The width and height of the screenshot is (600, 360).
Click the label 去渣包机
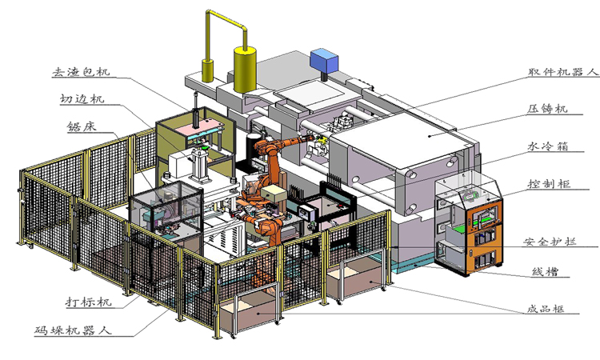click(x=81, y=72)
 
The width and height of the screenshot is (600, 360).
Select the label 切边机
click(x=82, y=99)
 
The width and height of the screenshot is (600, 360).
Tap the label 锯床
click(x=82, y=126)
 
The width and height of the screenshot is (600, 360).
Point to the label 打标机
click(x=88, y=302)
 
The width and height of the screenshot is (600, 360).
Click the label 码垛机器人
click(x=74, y=330)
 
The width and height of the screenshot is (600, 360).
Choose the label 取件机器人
click(x=562, y=72)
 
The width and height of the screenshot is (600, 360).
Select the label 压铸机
click(x=547, y=109)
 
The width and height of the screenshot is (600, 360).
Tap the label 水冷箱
click(x=548, y=146)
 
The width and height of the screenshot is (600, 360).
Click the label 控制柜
click(x=550, y=184)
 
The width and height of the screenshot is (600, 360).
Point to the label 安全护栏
click(x=550, y=242)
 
